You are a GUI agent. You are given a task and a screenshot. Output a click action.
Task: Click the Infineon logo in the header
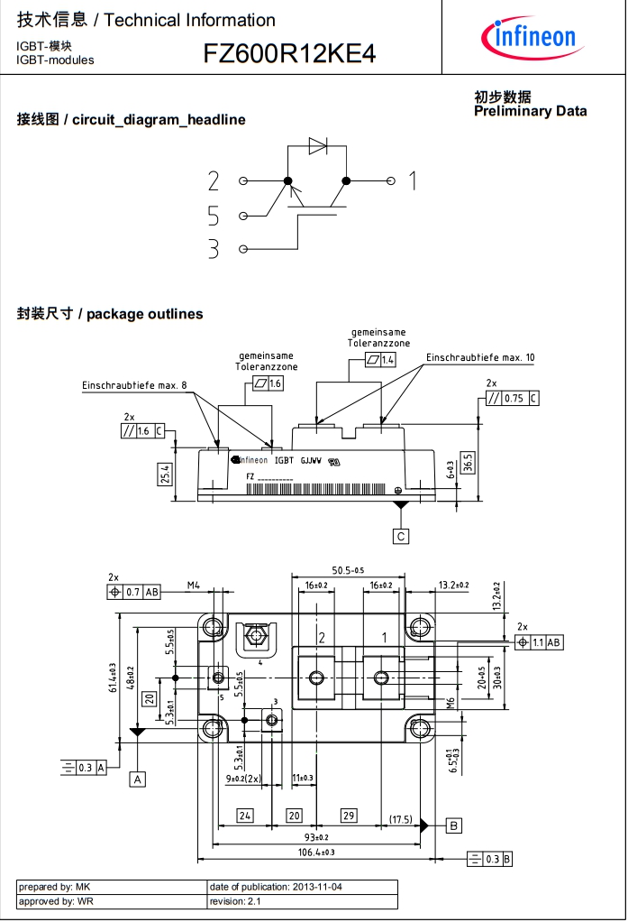(x=528, y=36)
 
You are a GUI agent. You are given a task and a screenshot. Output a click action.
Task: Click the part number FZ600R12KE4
(x=289, y=55)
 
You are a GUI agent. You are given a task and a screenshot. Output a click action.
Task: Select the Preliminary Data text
(x=530, y=111)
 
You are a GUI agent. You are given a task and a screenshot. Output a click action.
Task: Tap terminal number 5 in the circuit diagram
(x=214, y=216)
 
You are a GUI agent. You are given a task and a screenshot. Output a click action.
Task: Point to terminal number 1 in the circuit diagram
(x=413, y=180)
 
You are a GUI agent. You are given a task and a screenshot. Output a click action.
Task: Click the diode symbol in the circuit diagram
(x=317, y=146)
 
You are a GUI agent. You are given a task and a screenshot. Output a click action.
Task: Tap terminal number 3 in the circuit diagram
(x=214, y=249)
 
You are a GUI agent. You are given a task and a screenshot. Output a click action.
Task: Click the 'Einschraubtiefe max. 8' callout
(x=134, y=386)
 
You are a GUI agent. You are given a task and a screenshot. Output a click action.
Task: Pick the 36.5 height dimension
(x=468, y=462)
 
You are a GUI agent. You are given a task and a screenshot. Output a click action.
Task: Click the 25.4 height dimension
(x=165, y=474)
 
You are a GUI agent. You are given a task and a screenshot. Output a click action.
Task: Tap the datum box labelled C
(x=401, y=536)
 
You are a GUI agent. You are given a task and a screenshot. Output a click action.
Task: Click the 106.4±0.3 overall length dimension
(x=316, y=853)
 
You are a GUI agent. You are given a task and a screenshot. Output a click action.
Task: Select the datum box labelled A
(x=138, y=778)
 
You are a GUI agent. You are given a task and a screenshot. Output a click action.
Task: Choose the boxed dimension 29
(x=349, y=816)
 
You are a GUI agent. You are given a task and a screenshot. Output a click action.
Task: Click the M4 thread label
(x=193, y=585)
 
